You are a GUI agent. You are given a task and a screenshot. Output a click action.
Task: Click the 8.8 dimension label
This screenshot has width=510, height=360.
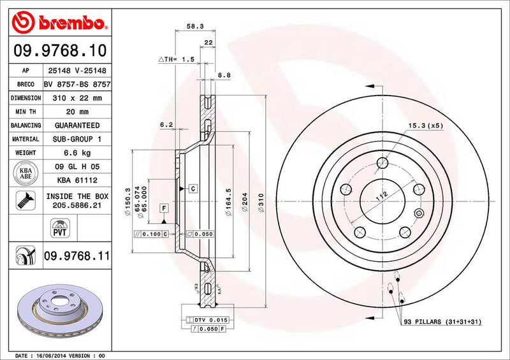coord(224,75)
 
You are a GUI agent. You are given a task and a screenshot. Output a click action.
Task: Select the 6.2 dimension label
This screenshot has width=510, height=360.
coord(166,126)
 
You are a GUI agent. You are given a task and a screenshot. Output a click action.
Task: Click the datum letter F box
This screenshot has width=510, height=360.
coord(164,208)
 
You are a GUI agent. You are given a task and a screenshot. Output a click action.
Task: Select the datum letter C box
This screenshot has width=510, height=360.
coord(192,189)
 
